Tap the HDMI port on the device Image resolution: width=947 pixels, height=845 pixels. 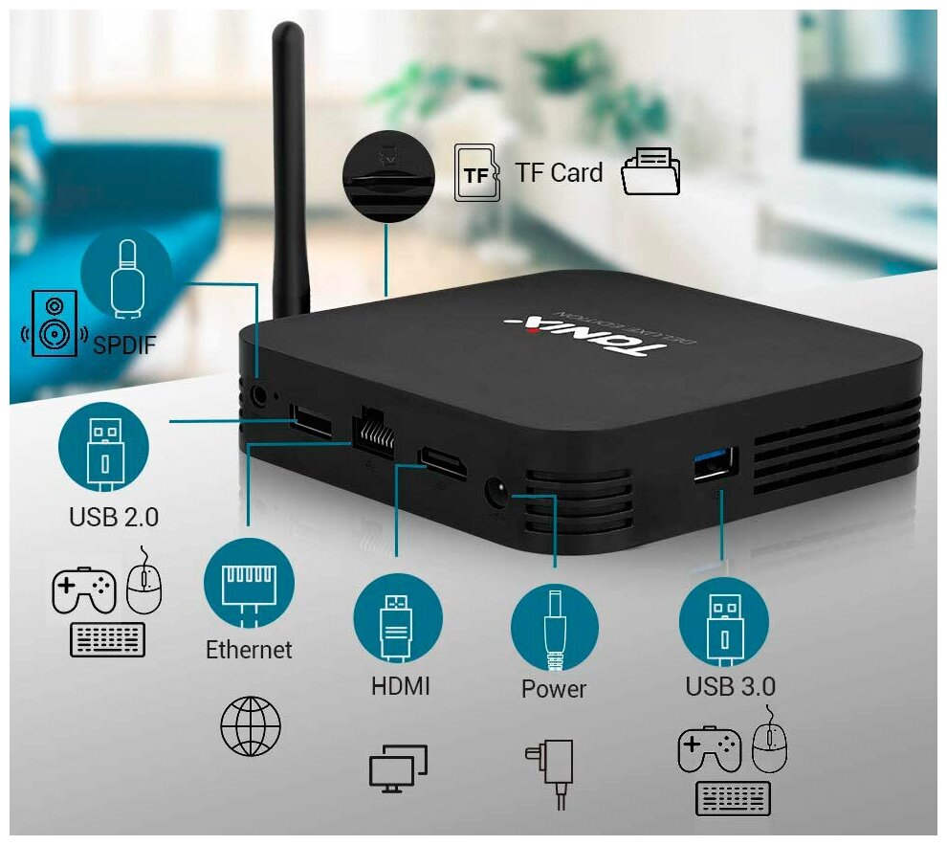click(x=443, y=463)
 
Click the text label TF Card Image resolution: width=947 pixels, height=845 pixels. click(x=559, y=173)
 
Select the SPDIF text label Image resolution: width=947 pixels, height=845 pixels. click(x=124, y=345)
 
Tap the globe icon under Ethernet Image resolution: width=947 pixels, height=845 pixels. click(x=251, y=725)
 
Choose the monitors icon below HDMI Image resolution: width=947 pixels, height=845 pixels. click(x=398, y=766)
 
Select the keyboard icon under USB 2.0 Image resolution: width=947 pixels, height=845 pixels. click(x=108, y=639)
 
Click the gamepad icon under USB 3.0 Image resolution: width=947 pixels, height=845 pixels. click(x=709, y=750)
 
